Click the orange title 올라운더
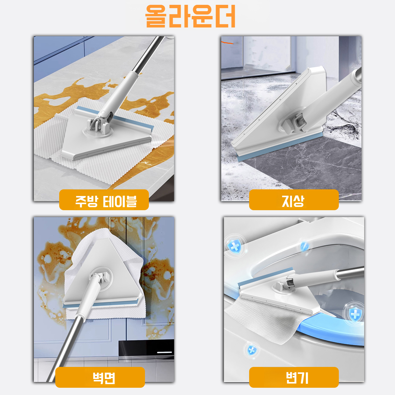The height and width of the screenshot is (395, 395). (190, 16)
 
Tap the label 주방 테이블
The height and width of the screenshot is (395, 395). (104, 200)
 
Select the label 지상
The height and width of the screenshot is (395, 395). (294, 200)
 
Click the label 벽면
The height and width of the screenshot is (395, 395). (100, 377)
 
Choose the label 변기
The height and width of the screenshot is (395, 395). (294, 377)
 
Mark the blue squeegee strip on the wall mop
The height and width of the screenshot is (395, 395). (101, 303)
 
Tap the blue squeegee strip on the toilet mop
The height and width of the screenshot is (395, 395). (266, 276)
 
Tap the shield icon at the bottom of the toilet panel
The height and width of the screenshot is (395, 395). (252, 350)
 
